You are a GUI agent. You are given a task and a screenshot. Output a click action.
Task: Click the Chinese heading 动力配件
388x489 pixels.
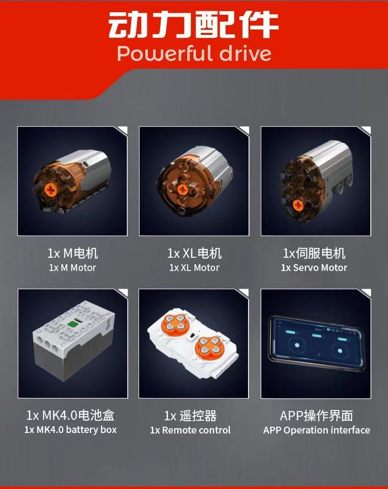(x=193, y=25)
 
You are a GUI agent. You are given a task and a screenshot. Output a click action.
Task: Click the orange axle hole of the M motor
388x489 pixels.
(x=50, y=190)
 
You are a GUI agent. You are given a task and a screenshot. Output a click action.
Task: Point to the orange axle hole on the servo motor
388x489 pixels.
(x=298, y=205)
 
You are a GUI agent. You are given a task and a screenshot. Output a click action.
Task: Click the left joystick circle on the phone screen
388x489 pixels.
(x=297, y=345)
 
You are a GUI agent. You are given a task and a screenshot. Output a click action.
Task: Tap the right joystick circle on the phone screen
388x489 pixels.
(x=340, y=351)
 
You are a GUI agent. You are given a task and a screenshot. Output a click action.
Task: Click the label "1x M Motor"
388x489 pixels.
(x=72, y=268)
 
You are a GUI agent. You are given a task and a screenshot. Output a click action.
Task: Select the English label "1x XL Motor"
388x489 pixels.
(x=194, y=268)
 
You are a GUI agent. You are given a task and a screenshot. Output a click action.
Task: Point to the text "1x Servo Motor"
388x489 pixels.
(x=314, y=268)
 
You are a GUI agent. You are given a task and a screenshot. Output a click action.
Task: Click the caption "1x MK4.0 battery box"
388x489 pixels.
(x=71, y=430)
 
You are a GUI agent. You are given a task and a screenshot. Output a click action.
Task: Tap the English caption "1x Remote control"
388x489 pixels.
(x=190, y=430)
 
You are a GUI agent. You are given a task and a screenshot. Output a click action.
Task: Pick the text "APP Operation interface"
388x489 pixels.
(x=317, y=430)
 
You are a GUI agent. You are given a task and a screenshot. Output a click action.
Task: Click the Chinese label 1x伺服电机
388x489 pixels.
(x=314, y=253)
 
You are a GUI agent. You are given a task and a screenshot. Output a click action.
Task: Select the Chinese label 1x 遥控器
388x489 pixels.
(x=190, y=416)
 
